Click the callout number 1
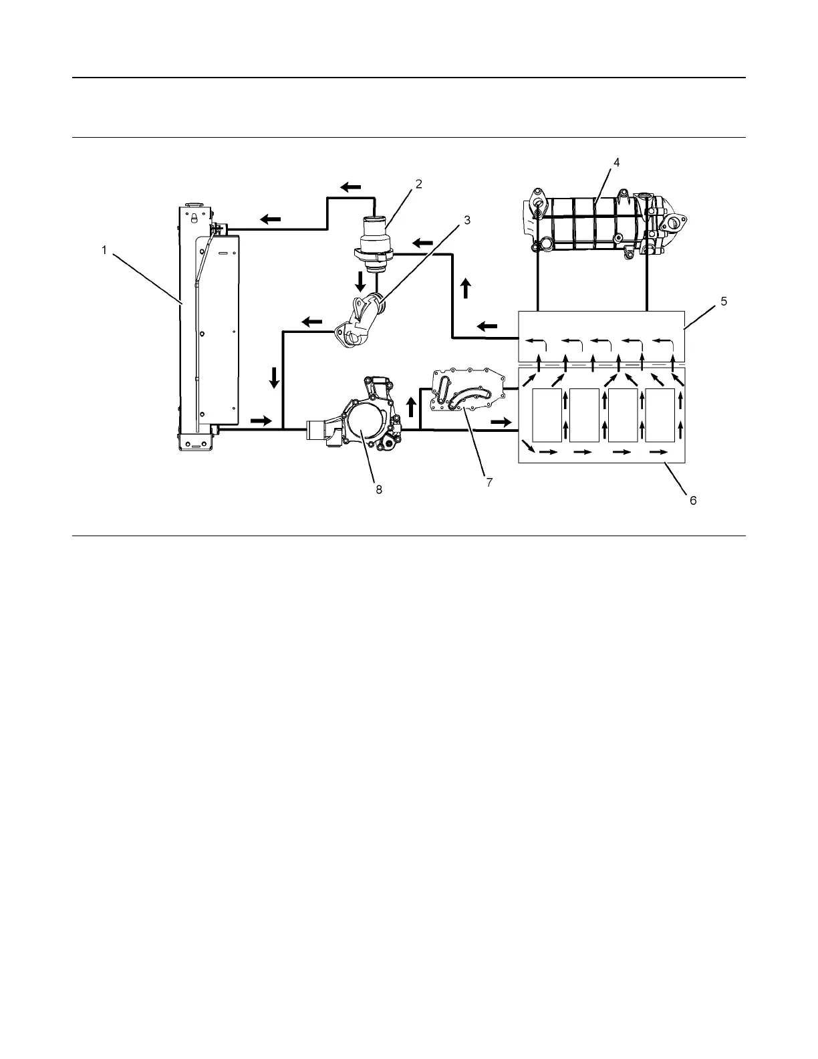point(104,250)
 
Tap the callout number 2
point(419,185)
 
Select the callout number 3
point(468,220)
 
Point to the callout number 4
point(617,162)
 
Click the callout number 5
point(723,301)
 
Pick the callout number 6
point(693,500)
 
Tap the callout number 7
point(489,482)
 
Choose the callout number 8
point(378,489)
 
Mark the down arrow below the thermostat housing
point(361,281)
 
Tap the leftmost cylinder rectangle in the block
point(547,415)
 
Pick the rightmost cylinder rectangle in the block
point(660,415)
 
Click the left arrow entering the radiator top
point(271,218)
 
